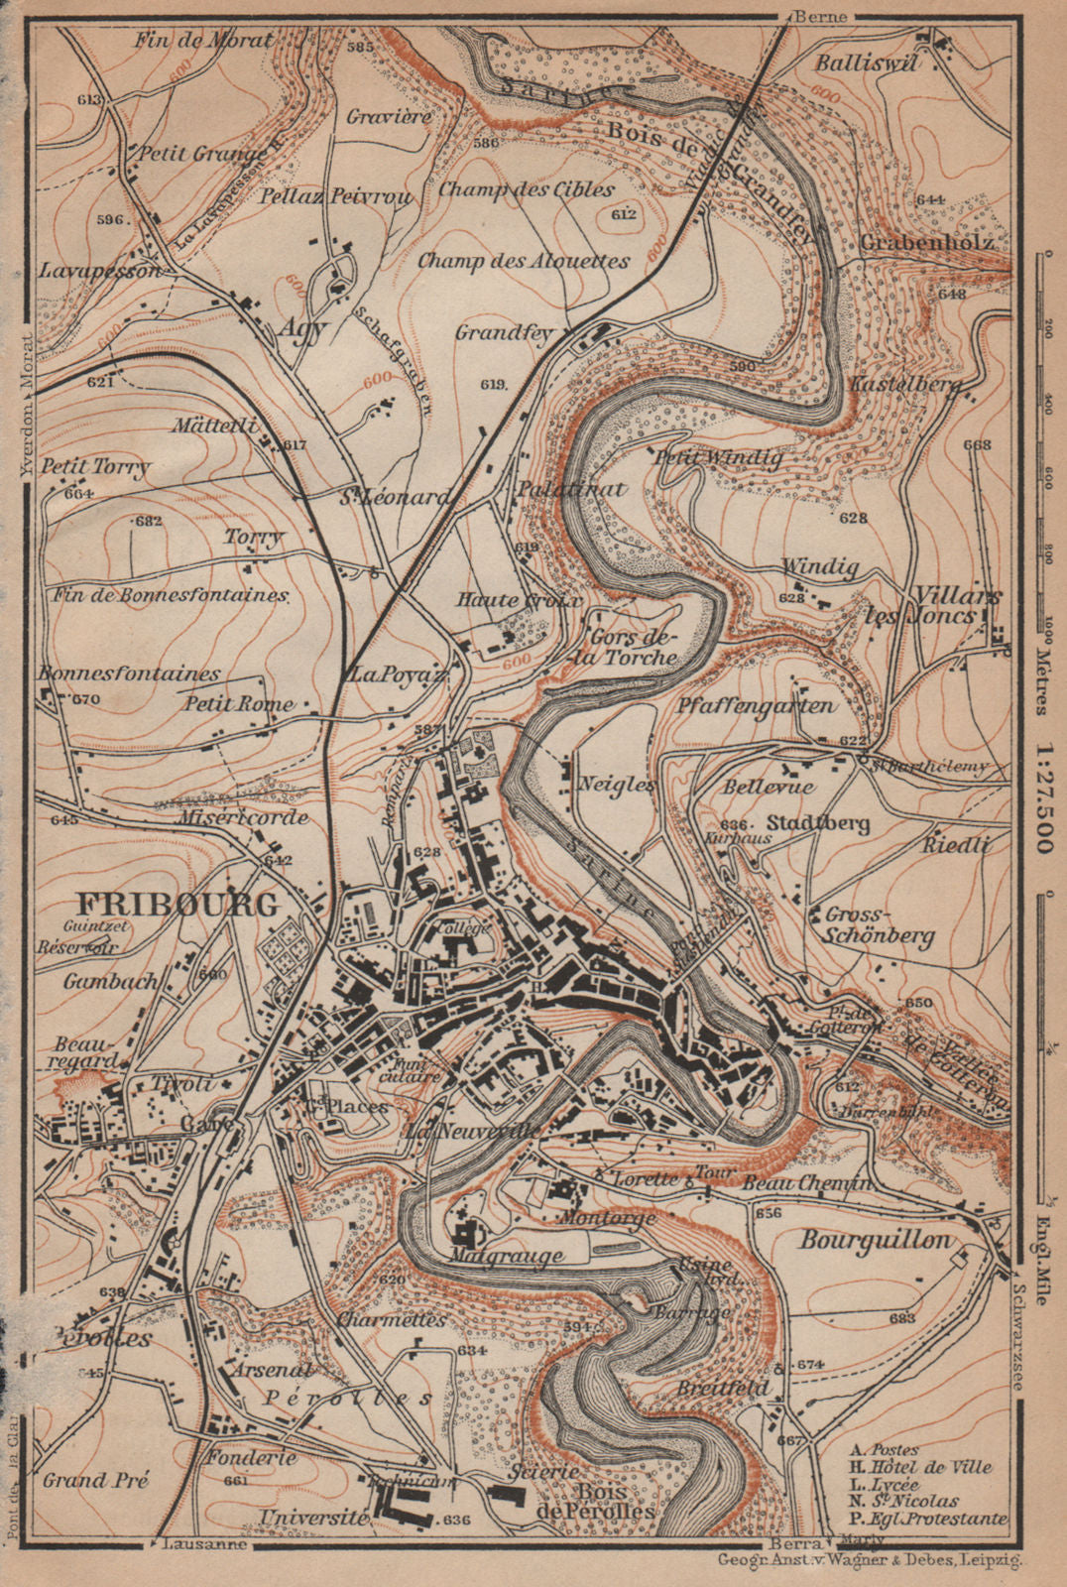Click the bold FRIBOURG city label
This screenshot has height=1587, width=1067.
178,904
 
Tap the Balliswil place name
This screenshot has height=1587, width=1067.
867,62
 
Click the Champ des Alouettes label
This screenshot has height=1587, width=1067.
523,262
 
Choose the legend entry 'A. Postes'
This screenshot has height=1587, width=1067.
878,1449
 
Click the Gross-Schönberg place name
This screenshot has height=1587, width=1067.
872,925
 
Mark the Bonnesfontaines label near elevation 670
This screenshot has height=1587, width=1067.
129,673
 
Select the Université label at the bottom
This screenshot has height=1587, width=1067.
312,1518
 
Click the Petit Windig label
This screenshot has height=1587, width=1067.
717,458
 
